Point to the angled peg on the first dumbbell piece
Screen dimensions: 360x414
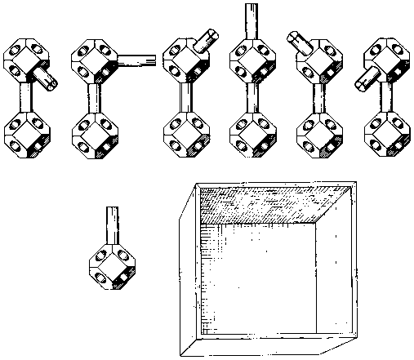pyautogui.click(x=45, y=79)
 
